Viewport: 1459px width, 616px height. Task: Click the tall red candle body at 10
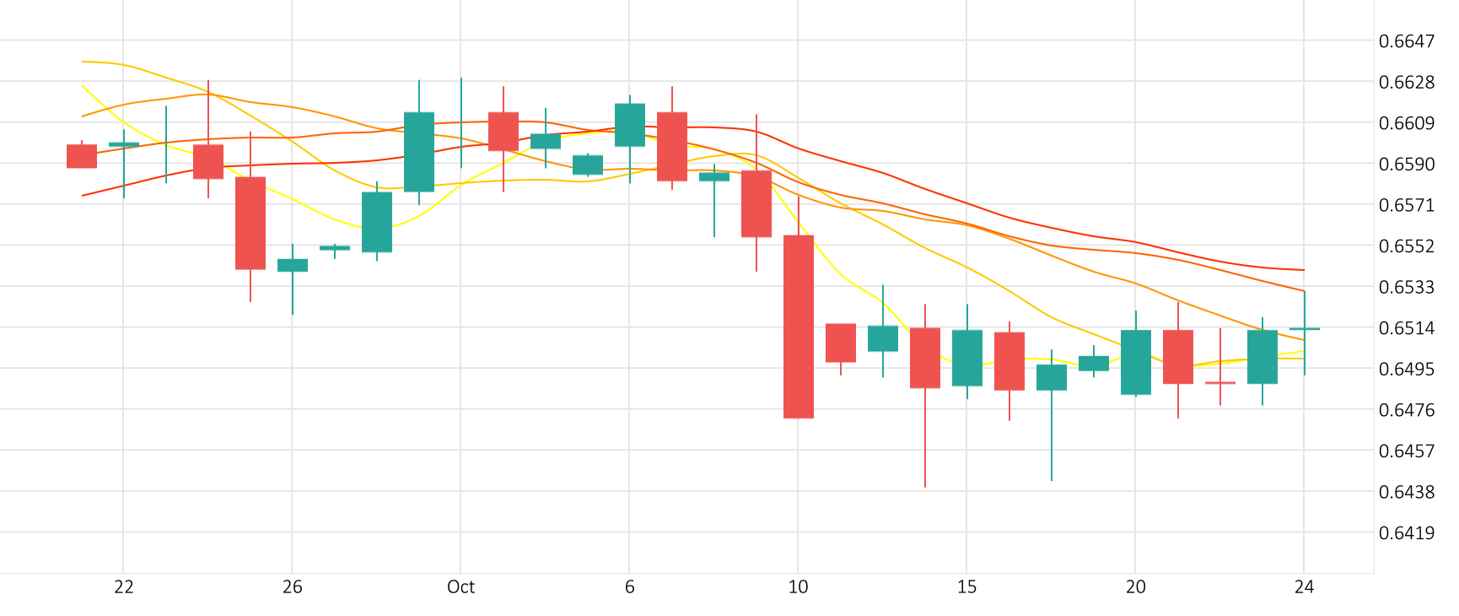coord(799,327)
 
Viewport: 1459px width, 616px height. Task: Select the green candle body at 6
coord(630,125)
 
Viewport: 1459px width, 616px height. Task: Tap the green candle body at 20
coord(1136,362)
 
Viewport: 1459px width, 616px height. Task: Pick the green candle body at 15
coord(967,358)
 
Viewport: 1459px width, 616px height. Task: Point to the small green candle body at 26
coord(293,265)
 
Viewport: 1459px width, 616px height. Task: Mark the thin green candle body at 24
coord(1305,328)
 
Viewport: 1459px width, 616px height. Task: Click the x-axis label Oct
coord(461,587)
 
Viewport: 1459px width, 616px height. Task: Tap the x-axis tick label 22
coord(124,587)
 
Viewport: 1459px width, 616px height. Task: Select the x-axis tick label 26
coord(293,587)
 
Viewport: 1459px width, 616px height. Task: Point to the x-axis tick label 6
coord(630,587)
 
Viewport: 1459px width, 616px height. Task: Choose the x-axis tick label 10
coord(799,587)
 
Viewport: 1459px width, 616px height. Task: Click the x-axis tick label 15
coord(967,587)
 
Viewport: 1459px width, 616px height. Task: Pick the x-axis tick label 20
coord(1136,587)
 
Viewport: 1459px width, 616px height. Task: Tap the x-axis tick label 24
coord(1305,587)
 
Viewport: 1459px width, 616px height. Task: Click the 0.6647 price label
coord(1406,41)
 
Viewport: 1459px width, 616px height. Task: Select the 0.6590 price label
coord(1406,164)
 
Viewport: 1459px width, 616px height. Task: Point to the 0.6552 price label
coord(1406,246)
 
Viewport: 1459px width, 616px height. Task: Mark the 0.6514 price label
coord(1406,328)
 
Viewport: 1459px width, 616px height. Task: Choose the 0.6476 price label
coord(1406,410)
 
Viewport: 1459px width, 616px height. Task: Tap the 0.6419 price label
coord(1406,532)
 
